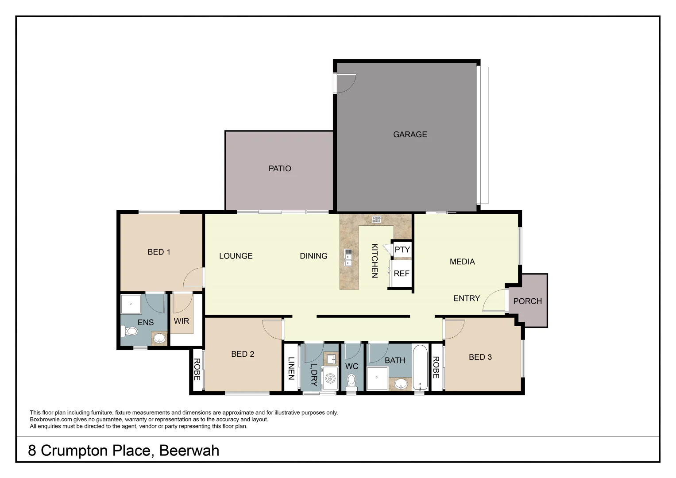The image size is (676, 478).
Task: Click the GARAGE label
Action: click(x=410, y=134)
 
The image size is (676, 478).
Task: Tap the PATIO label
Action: click(x=280, y=168)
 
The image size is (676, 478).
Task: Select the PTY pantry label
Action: click(x=402, y=250)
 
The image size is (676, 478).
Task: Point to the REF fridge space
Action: click(x=402, y=274)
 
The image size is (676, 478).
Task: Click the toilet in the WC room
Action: click(x=352, y=381)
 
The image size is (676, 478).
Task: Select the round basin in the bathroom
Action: click(x=402, y=384)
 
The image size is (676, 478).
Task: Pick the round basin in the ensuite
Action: click(x=159, y=339)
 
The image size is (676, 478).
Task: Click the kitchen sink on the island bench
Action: click(x=348, y=257)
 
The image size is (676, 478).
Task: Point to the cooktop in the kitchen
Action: click(x=377, y=219)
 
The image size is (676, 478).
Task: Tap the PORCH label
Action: click(x=527, y=301)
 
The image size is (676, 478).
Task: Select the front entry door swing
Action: click(x=494, y=301)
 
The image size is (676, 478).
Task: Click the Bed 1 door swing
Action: click(x=193, y=278)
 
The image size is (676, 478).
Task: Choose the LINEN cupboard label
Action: click(x=291, y=368)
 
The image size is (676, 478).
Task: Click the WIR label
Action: click(x=182, y=321)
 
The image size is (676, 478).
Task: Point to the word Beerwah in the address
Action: click(x=189, y=451)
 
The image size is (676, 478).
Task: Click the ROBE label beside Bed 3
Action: click(x=436, y=367)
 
